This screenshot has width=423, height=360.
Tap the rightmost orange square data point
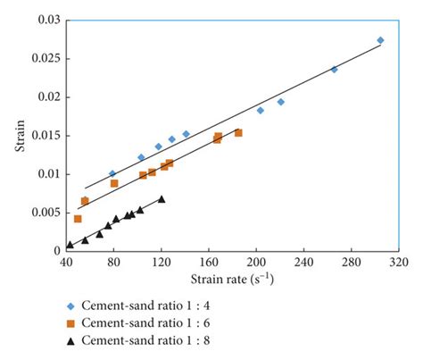click(238, 132)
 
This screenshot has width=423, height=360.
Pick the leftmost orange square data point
click(78, 219)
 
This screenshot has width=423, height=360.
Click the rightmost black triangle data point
click(162, 198)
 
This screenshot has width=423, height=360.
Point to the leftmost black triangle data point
click(70, 244)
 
